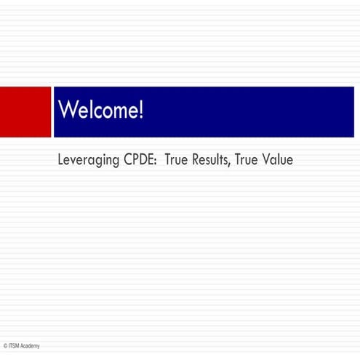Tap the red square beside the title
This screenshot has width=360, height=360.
[25, 111]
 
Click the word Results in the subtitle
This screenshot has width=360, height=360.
[211, 159]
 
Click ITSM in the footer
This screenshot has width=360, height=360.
[14, 345]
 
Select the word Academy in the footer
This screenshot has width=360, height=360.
[31, 345]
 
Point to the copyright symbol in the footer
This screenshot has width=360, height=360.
[4, 345]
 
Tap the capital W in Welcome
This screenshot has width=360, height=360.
[67, 111]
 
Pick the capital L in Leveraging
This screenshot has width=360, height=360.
[60, 159]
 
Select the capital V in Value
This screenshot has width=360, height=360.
[266, 159]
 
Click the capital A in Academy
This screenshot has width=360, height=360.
[23, 345]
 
